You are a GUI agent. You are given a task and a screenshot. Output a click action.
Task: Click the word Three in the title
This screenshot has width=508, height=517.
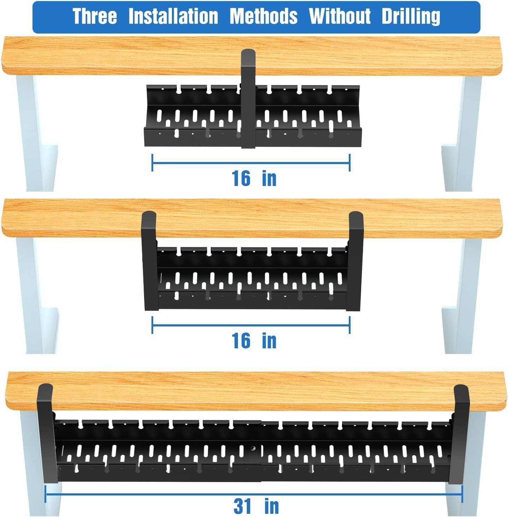tap(95, 17)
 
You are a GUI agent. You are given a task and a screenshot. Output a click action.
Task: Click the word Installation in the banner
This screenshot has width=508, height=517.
tap(173, 17)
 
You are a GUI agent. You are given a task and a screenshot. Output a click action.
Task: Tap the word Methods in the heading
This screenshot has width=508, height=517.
tap(263, 17)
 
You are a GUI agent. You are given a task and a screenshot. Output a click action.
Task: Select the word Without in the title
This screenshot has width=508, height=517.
tap(340, 17)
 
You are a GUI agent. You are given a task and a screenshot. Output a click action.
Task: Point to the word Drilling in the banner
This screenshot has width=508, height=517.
tap(411, 17)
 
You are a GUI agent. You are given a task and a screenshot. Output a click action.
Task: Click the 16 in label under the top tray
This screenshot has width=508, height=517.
tap(254, 178)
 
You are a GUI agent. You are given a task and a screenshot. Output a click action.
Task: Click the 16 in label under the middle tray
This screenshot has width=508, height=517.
tap(254, 341)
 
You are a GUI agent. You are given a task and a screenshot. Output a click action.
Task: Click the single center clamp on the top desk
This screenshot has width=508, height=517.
tap(248, 99)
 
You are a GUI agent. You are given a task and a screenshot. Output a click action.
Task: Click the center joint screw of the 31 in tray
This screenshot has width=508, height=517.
tap(253, 449)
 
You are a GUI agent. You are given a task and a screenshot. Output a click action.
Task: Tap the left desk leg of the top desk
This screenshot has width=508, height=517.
tap(34, 134)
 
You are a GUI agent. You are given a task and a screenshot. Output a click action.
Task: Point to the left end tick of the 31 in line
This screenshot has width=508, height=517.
tap(46, 494)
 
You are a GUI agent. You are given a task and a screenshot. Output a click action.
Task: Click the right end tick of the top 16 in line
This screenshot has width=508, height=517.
tap(349, 163)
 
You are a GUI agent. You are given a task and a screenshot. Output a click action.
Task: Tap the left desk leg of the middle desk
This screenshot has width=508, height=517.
tap(34, 293)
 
